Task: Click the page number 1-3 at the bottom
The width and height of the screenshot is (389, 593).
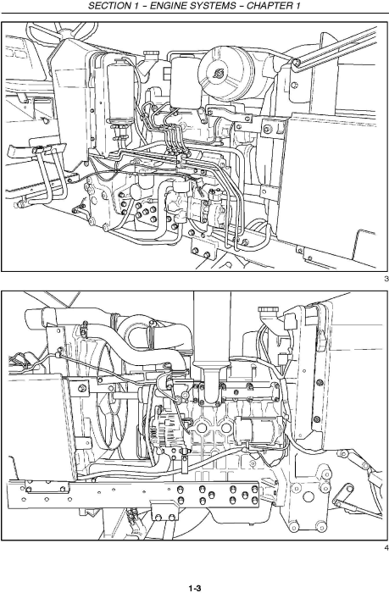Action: pyautogui.click(x=194, y=585)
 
